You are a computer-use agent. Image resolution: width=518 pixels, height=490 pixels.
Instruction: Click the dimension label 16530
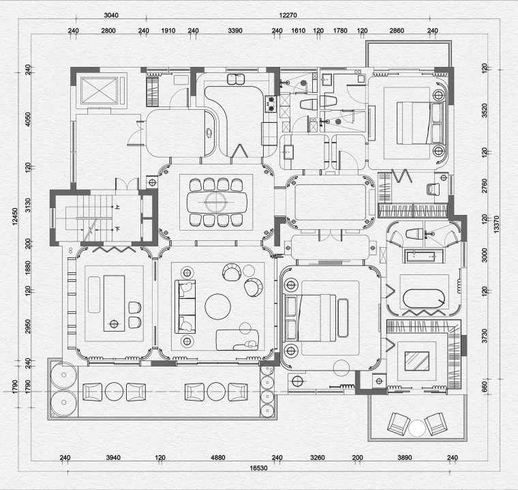(x=258, y=468)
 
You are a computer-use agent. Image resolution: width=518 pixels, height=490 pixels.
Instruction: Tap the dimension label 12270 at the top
(x=288, y=15)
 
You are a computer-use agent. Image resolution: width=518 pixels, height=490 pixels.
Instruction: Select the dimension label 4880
(x=218, y=457)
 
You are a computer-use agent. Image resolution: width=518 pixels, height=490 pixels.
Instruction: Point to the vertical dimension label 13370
(x=496, y=225)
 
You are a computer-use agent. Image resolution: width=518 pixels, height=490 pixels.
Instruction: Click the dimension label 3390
(x=235, y=31)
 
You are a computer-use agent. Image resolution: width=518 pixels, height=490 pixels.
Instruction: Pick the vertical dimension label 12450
(x=15, y=217)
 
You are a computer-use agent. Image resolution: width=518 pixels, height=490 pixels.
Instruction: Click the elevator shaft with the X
(x=100, y=90)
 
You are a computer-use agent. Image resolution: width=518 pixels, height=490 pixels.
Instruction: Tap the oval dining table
(x=217, y=202)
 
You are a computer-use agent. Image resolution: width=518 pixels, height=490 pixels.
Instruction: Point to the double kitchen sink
(x=236, y=79)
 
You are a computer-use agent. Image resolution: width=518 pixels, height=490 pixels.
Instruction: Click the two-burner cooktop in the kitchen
(x=271, y=104)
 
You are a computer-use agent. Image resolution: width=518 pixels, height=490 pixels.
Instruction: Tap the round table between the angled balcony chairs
(x=417, y=428)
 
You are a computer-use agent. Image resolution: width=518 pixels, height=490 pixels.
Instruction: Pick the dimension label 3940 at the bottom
(x=113, y=457)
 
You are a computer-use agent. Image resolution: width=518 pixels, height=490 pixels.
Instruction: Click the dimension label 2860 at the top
(x=397, y=31)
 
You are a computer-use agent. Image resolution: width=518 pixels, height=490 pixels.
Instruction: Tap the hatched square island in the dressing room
(x=417, y=361)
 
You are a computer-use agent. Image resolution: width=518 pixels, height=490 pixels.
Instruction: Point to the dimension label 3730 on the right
(x=485, y=336)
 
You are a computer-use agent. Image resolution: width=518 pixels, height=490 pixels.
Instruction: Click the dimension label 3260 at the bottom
(x=318, y=457)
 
